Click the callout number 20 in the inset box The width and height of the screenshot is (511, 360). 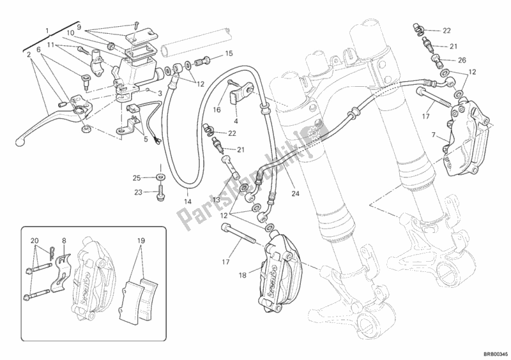coord(34,241)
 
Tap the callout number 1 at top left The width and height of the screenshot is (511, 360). coord(47,30)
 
